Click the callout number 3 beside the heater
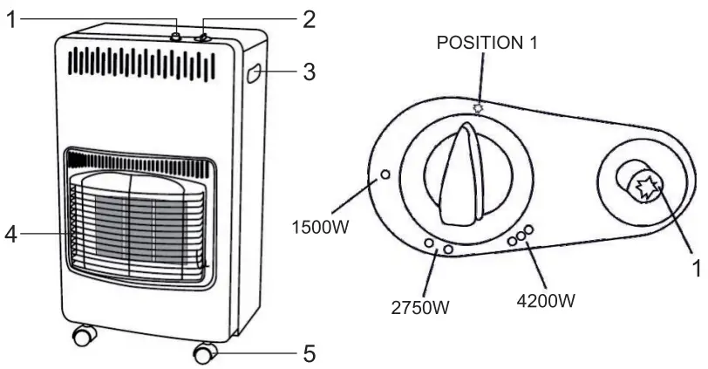[x=308, y=72]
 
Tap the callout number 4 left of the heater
[x=10, y=234]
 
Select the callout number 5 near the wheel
[x=308, y=353]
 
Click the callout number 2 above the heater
[x=308, y=19]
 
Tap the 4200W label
[x=547, y=302]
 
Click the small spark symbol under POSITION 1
[x=477, y=108]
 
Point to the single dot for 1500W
[x=384, y=175]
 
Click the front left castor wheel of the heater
[x=83, y=334]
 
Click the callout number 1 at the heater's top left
[x=10, y=19]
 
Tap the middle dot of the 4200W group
[x=520, y=235]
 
